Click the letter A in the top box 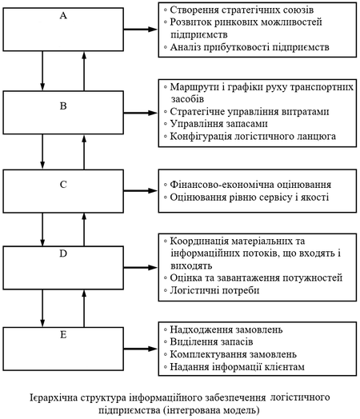(x=63, y=15)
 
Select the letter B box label (x=63, y=106)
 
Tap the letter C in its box (x=63, y=185)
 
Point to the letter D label (x=63, y=253)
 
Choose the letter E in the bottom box (x=63, y=334)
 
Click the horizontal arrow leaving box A (x=141, y=29)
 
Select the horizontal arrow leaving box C (x=141, y=190)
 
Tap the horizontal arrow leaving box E (x=141, y=349)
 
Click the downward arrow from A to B (x=42, y=71)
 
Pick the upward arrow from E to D (x=84, y=309)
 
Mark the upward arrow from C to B (x=84, y=152)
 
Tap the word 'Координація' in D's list (x=199, y=241)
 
